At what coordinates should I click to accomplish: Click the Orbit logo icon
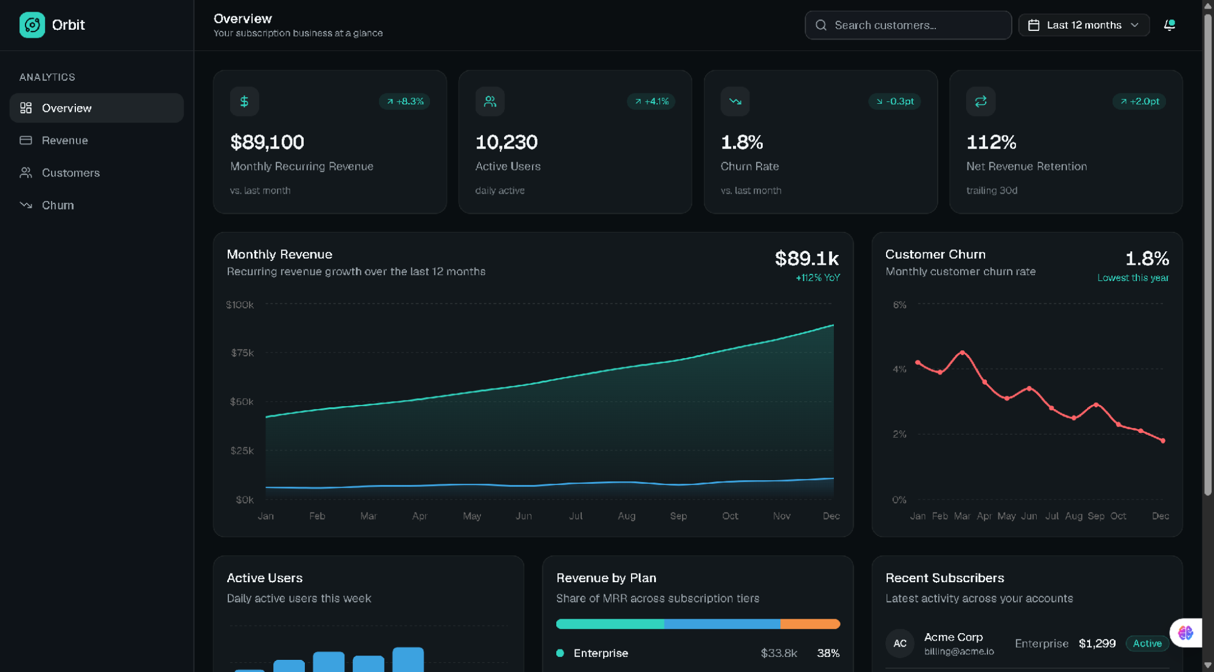click(32, 25)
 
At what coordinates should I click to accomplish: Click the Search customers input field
click(908, 25)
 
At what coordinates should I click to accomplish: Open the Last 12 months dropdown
click(1084, 25)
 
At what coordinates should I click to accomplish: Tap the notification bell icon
click(1169, 25)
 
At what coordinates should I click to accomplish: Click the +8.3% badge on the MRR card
click(404, 101)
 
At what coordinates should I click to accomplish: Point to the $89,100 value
click(267, 142)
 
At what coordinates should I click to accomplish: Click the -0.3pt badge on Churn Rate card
click(895, 101)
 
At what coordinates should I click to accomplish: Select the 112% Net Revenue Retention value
click(991, 142)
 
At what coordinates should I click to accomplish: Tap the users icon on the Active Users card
click(490, 101)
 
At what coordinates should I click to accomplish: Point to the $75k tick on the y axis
click(242, 353)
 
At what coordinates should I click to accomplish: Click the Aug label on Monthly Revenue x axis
click(627, 516)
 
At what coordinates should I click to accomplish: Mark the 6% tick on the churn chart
click(899, 305)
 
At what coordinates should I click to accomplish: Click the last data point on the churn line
click(1163, 441)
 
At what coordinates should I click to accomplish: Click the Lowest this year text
click(1133, 278)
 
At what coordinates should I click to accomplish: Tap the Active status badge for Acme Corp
click(1147, 643)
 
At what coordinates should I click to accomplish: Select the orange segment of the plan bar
click(810, 624)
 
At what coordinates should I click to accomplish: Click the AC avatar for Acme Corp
click(900, 643)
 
